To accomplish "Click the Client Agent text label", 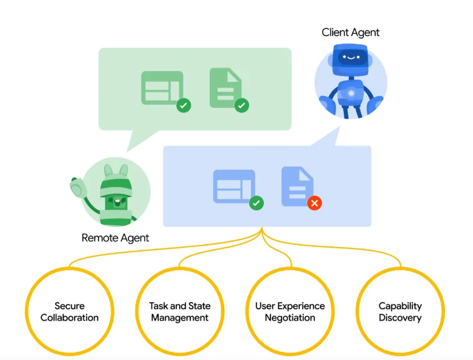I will pos(351,32).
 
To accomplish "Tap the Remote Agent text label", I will pos(115,238).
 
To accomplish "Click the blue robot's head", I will pos(351,60).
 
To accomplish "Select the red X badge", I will pos(314,203).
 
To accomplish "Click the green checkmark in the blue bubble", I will pos(256,203).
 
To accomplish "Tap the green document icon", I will pos(225,88).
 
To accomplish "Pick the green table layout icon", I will pos(162,87).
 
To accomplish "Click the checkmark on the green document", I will pos(242,105).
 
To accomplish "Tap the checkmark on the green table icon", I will pos(184,105).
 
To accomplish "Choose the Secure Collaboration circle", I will pos(70,312).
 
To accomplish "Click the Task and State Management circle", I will pos(180,312).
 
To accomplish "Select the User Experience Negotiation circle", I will pos(290,312).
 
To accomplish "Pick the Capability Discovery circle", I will pos(400,312).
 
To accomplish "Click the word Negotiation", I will pos(290,318).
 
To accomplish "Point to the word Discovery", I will pos(400,318).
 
